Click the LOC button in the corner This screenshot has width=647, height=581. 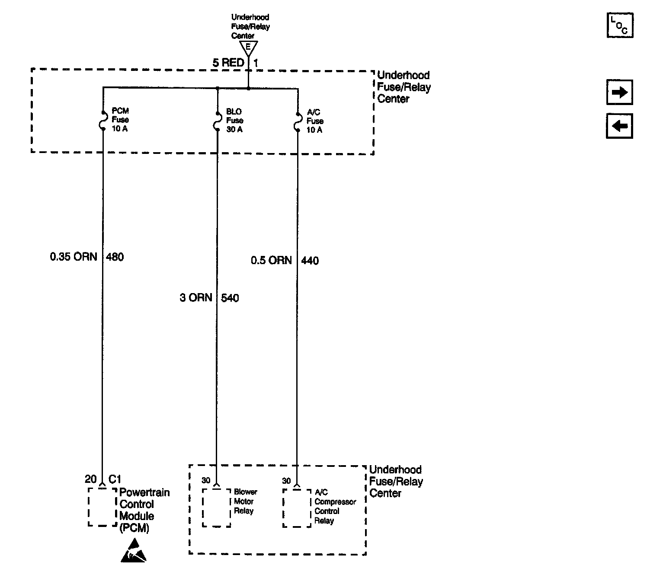[x=620, y=25]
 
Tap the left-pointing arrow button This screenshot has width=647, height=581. [x=619, y=126]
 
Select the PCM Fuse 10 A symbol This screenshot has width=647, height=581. [x=103, y=121]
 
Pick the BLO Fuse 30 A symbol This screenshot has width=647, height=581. [x=218, y=121]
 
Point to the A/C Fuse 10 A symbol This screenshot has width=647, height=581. [x=298, y=122]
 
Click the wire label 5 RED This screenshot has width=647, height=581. [x=228, y=63]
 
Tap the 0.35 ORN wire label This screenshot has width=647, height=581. [x=74, y=257]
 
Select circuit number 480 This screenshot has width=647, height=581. [x=115, y=257]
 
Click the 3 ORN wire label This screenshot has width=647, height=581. [x=196, y=297]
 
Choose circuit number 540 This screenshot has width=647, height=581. [x=230, y=298]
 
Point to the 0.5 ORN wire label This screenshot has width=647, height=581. [x=271, y=260]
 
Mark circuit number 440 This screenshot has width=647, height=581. [x=310, y=261]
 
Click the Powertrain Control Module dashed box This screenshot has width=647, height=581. [x=89, y=507]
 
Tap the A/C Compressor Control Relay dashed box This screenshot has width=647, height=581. [x=283, y=508]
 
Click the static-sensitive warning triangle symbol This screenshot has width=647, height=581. [x=134, y=550]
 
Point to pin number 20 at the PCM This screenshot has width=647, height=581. [x=90, y=479]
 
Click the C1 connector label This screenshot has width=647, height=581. [x=115, y=479]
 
